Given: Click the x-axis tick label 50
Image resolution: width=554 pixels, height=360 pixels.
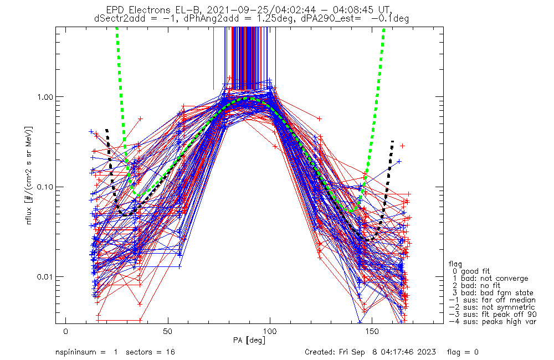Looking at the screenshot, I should point(167,331).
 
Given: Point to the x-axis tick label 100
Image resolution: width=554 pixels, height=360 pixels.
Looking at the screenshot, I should point(269,331).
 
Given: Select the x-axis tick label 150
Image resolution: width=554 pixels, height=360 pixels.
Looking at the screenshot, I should point(371,331).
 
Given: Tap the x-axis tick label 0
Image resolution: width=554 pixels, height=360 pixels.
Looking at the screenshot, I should point(66,331).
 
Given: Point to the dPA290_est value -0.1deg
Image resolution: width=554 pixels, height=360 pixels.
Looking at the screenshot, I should point(390,18).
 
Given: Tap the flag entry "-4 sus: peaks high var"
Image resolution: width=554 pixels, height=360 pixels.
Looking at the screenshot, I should point(492,322).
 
